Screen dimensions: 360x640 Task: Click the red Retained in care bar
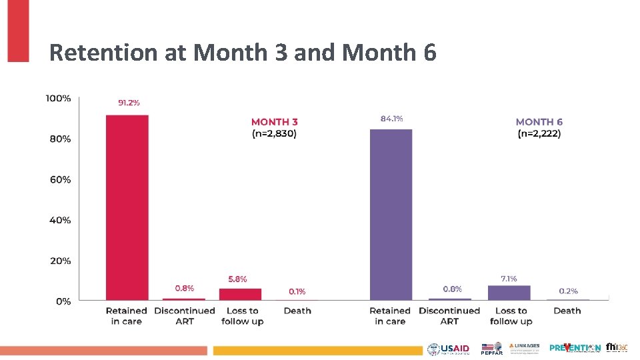[127, 207]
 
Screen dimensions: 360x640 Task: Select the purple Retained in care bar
[391, 215]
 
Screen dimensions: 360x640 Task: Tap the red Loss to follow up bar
[240, 294]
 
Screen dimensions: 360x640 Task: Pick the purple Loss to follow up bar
[509, 293]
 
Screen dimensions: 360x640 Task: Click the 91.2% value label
[129, 103]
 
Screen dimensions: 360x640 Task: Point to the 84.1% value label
[391, 118]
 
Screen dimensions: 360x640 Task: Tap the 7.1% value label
[508, 278]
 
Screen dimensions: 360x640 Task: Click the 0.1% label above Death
[297, 291]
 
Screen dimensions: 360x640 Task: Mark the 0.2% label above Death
[568, 291]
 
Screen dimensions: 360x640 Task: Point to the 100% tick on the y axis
[58, 99]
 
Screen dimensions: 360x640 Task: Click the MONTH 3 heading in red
[274, 122]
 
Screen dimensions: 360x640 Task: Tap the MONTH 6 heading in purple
[539, 122]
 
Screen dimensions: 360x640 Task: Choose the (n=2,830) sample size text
[274, 134]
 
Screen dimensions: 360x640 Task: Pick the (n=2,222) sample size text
[539, 134]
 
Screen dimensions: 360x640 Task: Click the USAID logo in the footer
[449, 349]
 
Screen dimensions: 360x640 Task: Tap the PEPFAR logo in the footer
[491, 349]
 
